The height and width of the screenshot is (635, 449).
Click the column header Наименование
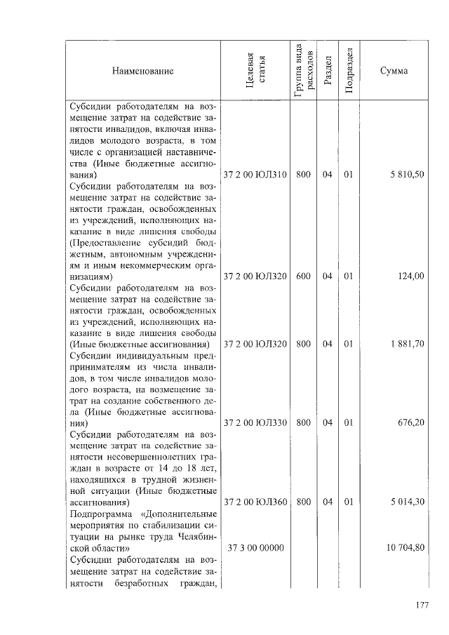click(142, 71)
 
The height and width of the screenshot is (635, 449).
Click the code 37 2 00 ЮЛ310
click(255, 175)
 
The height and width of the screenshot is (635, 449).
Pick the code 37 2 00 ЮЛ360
click(255, 502)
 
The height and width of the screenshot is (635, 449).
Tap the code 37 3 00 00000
click(254, 547)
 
